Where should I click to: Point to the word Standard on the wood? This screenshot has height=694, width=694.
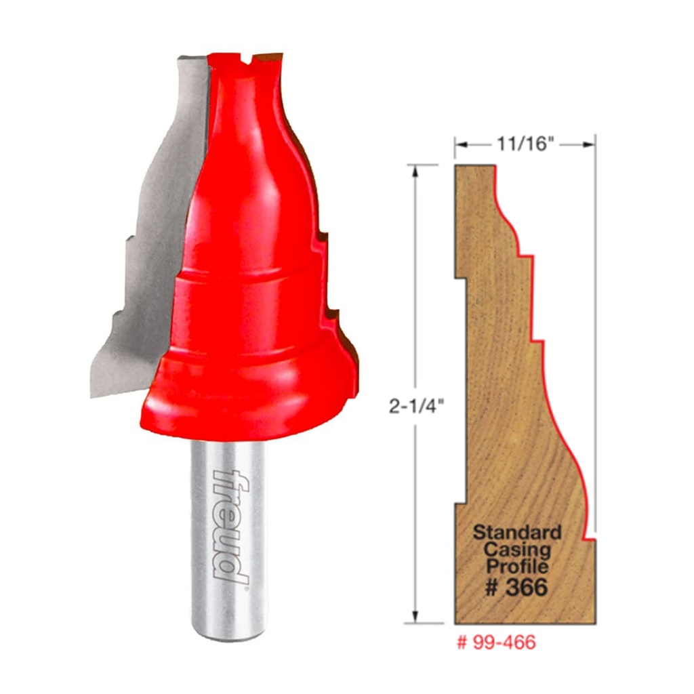516,531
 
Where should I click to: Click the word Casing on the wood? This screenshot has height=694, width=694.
516,549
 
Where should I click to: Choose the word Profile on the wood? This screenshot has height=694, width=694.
516,566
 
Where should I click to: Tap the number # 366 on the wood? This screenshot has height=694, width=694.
516,588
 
